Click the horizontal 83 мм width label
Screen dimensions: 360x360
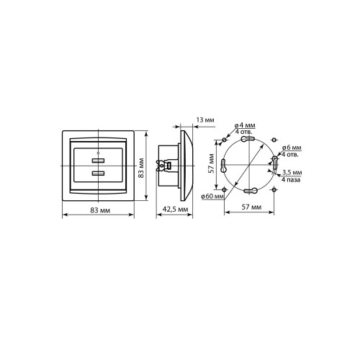pos(100,210)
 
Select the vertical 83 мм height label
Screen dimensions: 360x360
pos(141,168)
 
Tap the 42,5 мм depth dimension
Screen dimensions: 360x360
pos(176,210)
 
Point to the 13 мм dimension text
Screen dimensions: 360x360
pos(205,120)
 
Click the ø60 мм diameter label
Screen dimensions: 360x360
pos(212,197)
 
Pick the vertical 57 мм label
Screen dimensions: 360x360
pos(211,163)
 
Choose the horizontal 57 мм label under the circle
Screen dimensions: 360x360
pos(251,207)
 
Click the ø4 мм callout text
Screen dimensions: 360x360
pos(245,125)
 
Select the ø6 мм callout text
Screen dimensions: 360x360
pos(292,148)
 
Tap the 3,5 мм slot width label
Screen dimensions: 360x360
pos(292,172)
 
